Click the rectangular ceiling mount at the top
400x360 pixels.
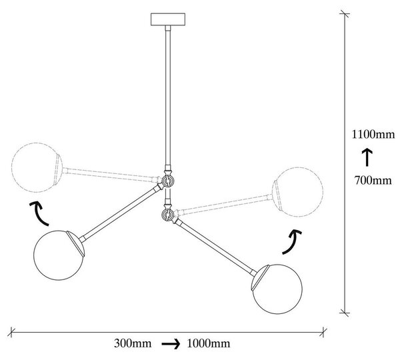pyautogui.click(x=168, y=19)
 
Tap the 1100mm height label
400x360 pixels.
pyautogui.click(x=373, y=135)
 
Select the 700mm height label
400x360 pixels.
pyautogui.click(x=373, y=181)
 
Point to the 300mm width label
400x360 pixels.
pyautogui.click(x=133, y=343)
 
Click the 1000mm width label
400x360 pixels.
pyautogui.click(x=209, y=343)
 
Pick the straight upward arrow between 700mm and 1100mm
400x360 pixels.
pyautogui.click(x=367, y=157)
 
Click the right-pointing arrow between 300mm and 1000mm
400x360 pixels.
pyautogui.click(x=171, y=344)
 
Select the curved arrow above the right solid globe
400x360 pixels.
pyautogui.click(x=293, y=241)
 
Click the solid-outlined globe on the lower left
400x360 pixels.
pyautogui.click(x=59, y=255)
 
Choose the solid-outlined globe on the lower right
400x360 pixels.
pyautogui.click(x=277, y=289)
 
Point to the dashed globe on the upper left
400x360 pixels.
pyautogui.click(x=37, y=167)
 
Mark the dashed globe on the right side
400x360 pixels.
pyautogui.click(x=297, y=192)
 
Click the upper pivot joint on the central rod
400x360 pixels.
pyautogui.click(x=167, y=181)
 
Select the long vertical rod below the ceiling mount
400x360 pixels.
pyautogui.click(x=167, y=96)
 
